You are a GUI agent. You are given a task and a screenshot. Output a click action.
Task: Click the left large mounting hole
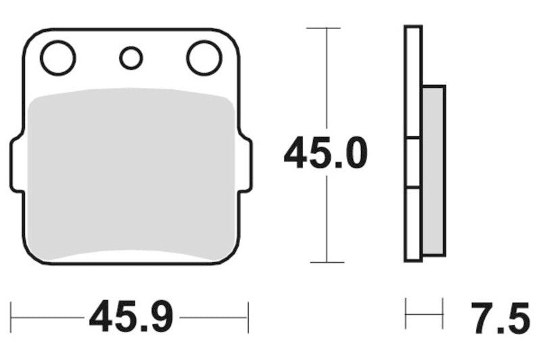[57, 58]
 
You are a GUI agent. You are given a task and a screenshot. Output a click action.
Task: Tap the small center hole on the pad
[131, 58]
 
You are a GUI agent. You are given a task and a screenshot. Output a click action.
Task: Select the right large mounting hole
[204, 58]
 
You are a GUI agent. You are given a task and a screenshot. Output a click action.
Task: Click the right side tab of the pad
[247, 164]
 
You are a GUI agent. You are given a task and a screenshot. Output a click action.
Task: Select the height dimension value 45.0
[326, 154]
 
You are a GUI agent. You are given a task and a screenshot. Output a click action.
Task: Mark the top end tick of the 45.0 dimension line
[327, 28]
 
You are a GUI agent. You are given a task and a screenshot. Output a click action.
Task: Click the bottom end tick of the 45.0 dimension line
[327, 262]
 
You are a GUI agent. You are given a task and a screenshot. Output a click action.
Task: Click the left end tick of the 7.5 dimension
[406, 313]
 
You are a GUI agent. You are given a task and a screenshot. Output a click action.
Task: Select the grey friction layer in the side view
[433, 170]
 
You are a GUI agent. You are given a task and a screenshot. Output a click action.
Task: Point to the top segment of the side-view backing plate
[413, 81]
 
